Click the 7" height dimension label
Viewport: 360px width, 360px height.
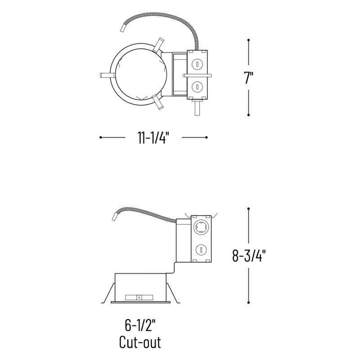coord(249,77)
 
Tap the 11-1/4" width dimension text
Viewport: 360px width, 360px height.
coord(153,138)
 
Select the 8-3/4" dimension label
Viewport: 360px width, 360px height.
coord(249,256)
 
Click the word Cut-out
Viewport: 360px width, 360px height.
coord(140,342)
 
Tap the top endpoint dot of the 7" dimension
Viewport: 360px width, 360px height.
coord(249,40)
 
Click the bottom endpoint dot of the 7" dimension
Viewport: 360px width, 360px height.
coord(249,115)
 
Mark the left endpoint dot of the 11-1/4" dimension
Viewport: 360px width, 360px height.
coord(100,138)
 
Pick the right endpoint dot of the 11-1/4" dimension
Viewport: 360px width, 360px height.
coord(207,138)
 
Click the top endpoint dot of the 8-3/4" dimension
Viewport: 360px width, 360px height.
coord(249,209)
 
